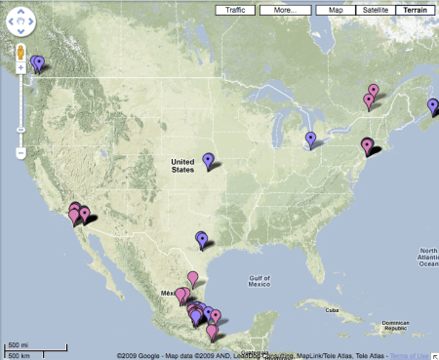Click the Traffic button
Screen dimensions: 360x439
pyautogui.click(x=236, y=10)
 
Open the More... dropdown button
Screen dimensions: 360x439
pyautogui.click(x=286, y=10)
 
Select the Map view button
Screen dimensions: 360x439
pyautogui.click(x=336, y=10)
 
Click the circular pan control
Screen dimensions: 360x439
pyautogui.click(x=20, y=20)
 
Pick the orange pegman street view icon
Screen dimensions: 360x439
pyautogui.click(x=20, y=51)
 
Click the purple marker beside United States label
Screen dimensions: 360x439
pyautogui.click(x=208, y=159)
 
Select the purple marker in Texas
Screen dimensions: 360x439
pyautogui.click(x=201, y=237)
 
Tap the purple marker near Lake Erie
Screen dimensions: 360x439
pyautogui.click(x=310, y=139)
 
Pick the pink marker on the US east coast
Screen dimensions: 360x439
pyautogui.click(x=367, y=145)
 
